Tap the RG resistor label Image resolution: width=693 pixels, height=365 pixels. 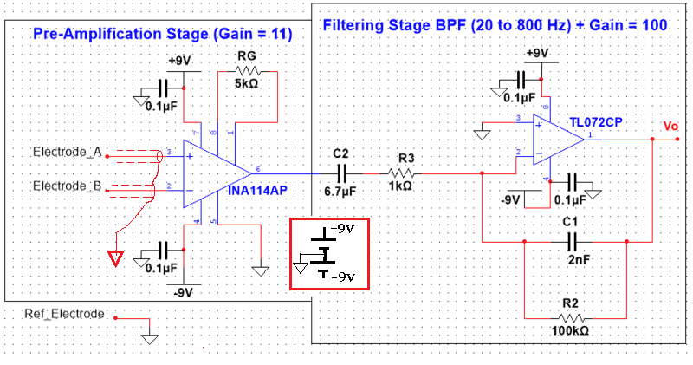click(x=246, y=55)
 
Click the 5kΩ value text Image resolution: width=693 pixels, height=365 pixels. click(x=247, y=84)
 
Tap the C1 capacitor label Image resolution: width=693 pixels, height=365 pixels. click(x=569, y=222)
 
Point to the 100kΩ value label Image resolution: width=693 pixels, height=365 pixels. click(x=570, y=332)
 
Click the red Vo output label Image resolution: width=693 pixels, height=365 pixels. click(x=670, y=127)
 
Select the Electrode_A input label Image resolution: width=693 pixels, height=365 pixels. click(x=68, y=153)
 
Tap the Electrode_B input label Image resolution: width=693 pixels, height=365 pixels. click(x=68, y=186)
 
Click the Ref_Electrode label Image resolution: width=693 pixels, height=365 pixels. click(x=64, y=312)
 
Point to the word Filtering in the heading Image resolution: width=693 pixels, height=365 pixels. click(x=354, y=25)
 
